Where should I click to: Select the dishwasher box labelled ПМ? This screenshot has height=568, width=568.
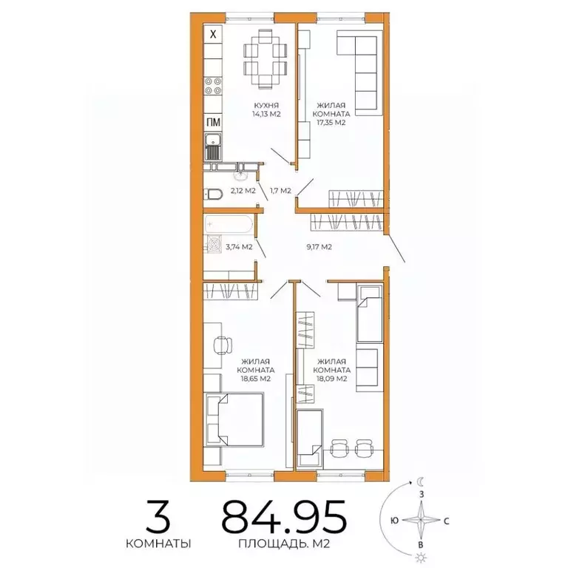point(213,123)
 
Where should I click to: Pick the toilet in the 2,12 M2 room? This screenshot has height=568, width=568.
point(212,194)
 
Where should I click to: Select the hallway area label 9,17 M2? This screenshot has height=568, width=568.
point(317,246)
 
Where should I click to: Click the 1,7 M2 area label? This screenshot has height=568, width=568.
point(280,191)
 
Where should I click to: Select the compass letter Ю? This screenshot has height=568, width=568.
point(394,520)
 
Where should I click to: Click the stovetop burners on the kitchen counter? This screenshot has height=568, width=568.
point(213,84)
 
